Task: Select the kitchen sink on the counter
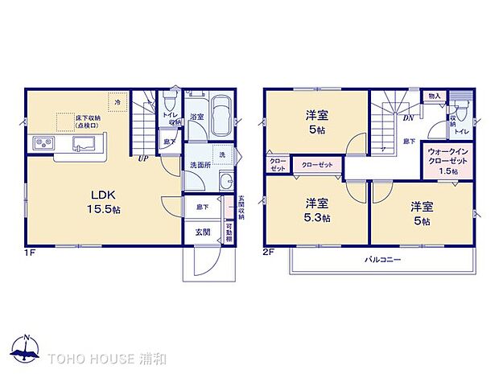point(85,144)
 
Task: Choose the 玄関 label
point(201,232)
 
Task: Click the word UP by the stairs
point(142,158)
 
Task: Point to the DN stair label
point(408,117)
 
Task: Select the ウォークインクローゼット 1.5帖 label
point(443,161)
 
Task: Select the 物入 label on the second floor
point(435,97)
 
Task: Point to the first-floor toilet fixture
point(169,103)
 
